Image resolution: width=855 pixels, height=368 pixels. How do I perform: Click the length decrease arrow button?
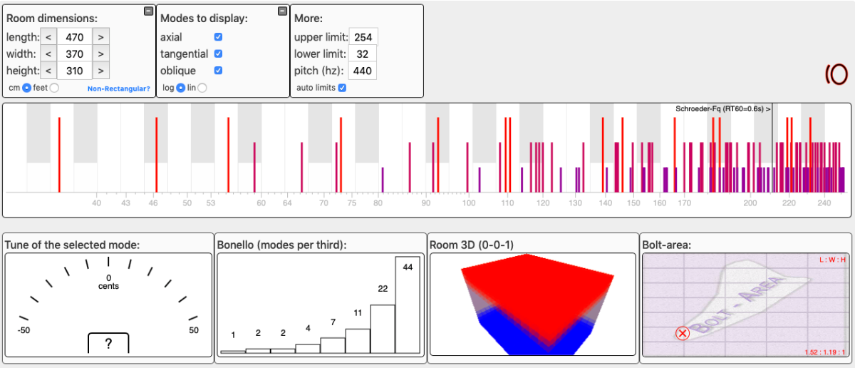pos(48,36)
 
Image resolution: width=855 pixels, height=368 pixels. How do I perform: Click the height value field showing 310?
pos(74,71)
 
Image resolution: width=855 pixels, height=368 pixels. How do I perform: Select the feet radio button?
pos(54,88)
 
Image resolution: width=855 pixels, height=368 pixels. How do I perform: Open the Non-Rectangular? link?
pos(118,88)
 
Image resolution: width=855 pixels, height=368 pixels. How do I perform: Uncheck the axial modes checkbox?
pos(219,37)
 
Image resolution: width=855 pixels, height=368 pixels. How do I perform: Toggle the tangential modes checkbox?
pos(219,53)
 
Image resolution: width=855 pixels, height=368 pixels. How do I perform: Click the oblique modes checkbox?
pos(219,71)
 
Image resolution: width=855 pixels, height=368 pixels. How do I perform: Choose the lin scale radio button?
pos(202,88)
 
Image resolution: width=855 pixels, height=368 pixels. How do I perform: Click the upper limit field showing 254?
pos(363,37)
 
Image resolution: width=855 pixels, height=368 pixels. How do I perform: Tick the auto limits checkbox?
pos(342,88)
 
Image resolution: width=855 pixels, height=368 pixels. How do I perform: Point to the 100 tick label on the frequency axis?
pos(468,203)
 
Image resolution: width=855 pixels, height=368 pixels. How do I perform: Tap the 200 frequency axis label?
pos(750,203)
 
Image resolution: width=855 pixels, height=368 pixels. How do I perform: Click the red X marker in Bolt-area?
pos(683,333)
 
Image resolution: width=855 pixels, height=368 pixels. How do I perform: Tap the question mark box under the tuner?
pos(108,344)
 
